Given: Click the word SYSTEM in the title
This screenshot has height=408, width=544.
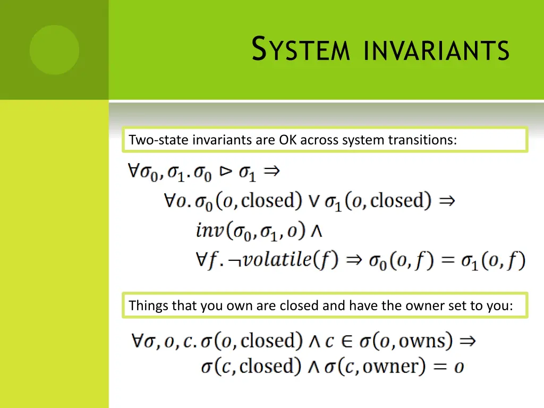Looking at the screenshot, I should [300, 49].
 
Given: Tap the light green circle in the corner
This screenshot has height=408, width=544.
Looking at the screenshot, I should [54, 50].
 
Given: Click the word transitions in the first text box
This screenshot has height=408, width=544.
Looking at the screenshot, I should [422, 140].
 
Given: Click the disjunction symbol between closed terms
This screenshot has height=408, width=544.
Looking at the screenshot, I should [314, 201].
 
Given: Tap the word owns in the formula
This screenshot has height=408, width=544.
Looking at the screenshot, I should [425, 341].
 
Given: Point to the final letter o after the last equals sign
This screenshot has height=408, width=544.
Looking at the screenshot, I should [458, 367].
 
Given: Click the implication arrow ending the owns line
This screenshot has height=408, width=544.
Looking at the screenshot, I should [467, 341].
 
